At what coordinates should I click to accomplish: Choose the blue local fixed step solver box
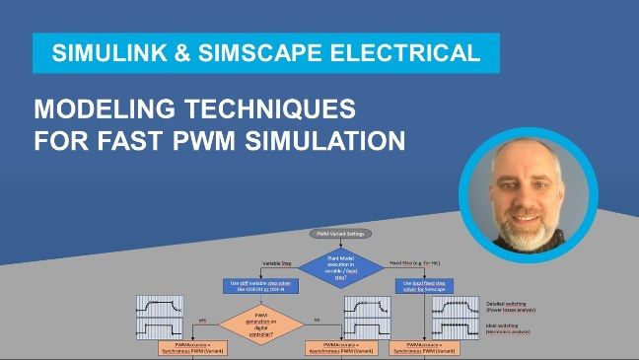(x=423, y=285)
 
